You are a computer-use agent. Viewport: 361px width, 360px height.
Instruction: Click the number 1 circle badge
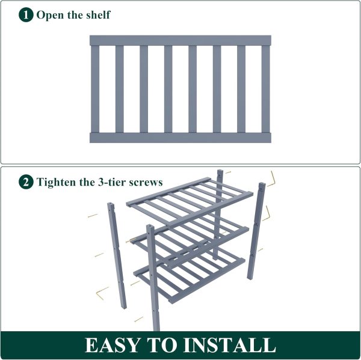point(26,14)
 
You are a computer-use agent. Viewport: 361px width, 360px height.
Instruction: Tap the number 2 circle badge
point(26,182)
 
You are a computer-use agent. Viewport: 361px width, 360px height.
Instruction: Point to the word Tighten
point(57,183)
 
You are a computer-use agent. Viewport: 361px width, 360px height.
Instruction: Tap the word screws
point(146,183)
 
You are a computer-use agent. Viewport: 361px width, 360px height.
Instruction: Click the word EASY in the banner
point(113,345)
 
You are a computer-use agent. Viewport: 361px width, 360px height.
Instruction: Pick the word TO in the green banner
point(161,345)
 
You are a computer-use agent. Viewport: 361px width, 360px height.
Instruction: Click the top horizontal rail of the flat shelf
point(180,40)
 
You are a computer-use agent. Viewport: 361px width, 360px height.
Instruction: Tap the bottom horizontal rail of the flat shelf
point(180,138)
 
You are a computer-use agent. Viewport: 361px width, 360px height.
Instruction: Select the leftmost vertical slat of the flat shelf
point(95,89)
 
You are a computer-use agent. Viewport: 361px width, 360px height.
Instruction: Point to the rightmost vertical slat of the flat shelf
point(265,89)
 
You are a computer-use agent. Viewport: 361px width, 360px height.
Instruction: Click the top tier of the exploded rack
point(190,203)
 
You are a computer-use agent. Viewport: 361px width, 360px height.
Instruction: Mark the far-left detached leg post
point(117,255)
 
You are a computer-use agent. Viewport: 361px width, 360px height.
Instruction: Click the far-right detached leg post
point(256,231)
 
